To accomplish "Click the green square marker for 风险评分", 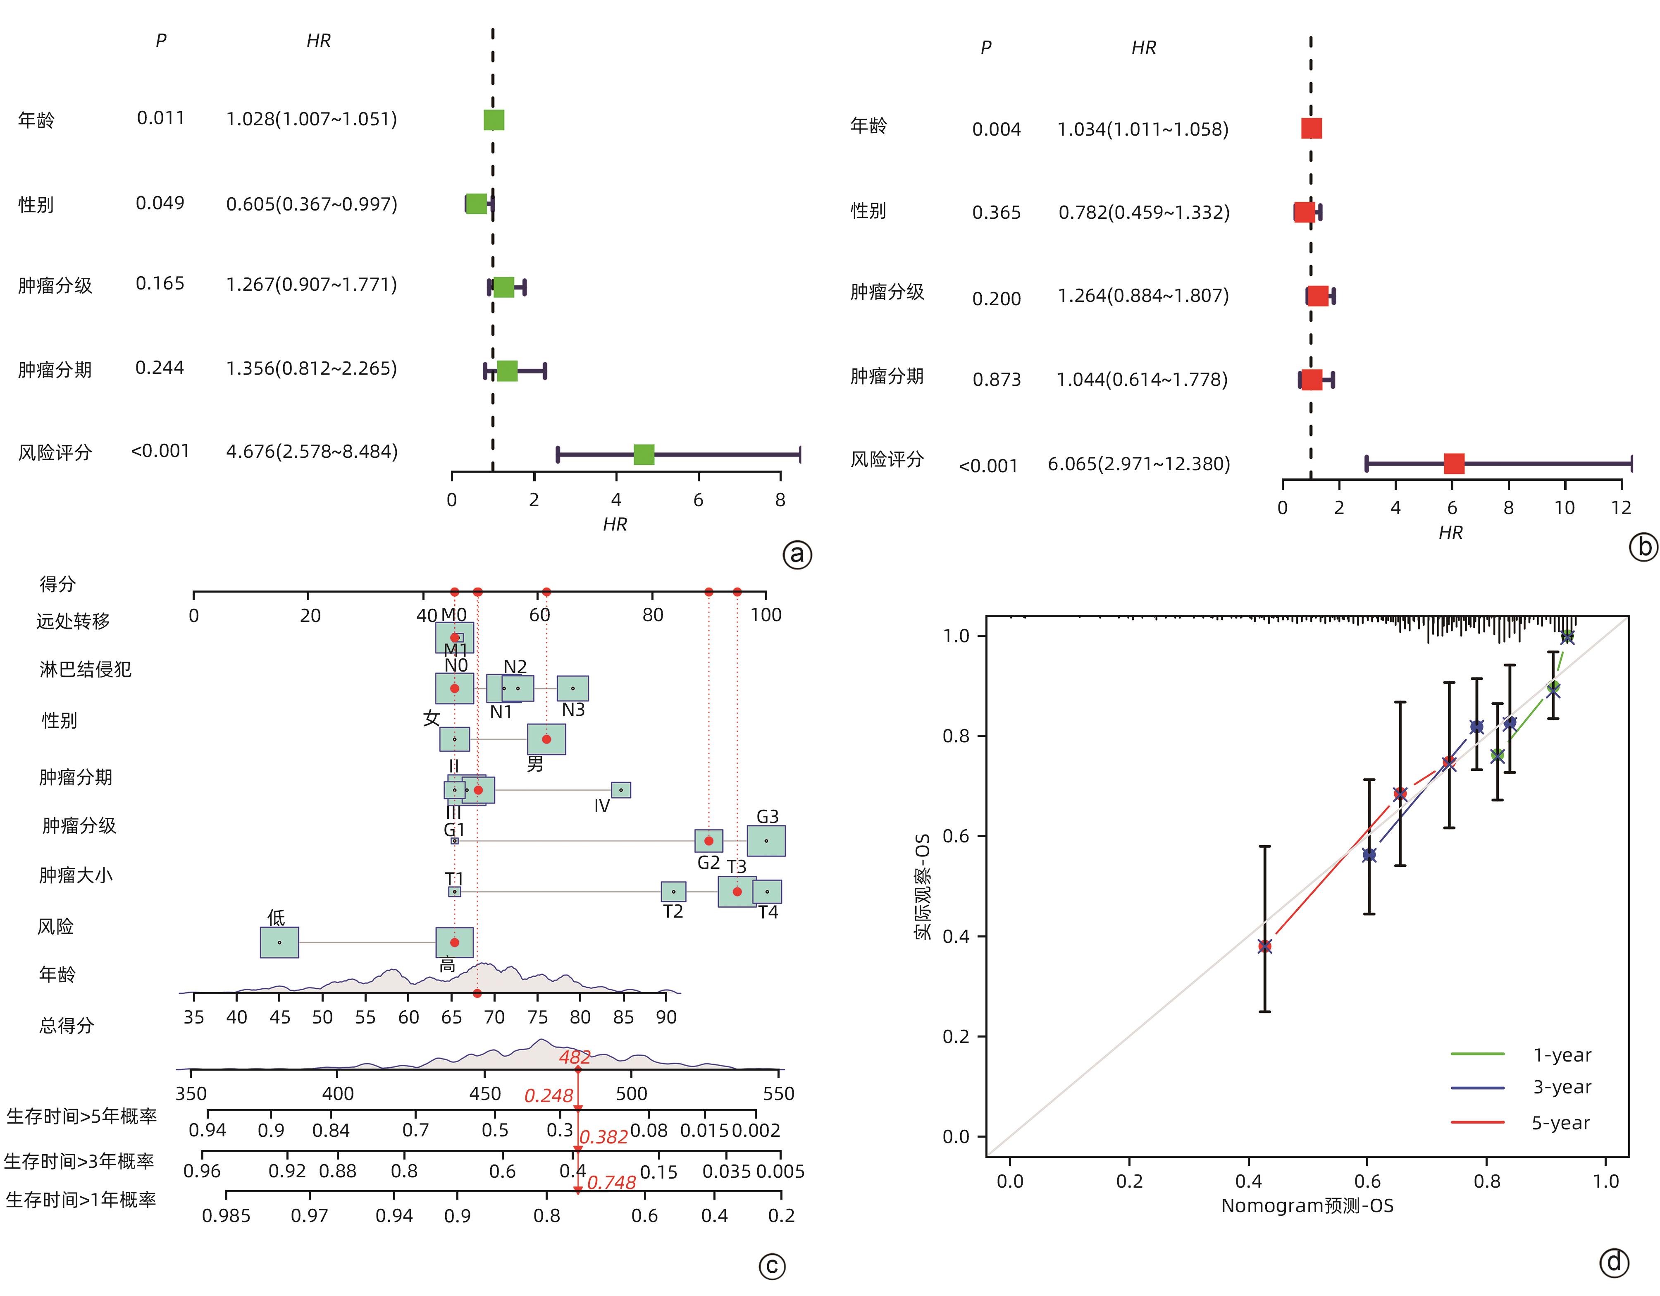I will click(x=644, y=455).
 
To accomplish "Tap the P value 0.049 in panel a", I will click(x=160, y=203).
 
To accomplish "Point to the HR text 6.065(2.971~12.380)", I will click(x=1139, y=464).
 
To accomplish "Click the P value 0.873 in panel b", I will click(x=997, y=380).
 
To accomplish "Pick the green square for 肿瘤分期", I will click(x=507, y=371).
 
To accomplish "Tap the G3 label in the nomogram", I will click(x=767, y=816).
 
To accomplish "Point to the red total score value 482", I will click(x=575, y=1057).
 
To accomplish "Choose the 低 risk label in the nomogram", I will click(x=276, y=917).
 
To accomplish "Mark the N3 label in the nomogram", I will click(x=573, y=710).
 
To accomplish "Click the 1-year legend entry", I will click(x=1561, y=1055).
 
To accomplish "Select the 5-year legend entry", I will click(x=1560, y=1123).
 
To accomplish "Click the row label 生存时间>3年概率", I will click(x=79, y=1161).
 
